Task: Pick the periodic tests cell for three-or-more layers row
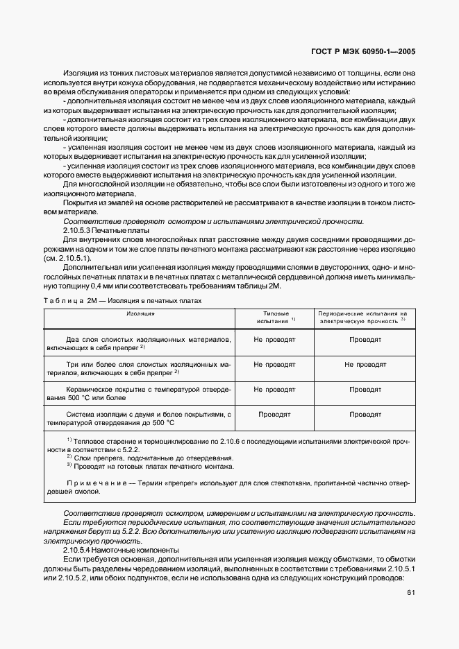click(x=365, y=364)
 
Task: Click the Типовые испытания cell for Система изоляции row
click(x=276, y=414)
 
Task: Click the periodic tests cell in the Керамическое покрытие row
click(x=365, y=390)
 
